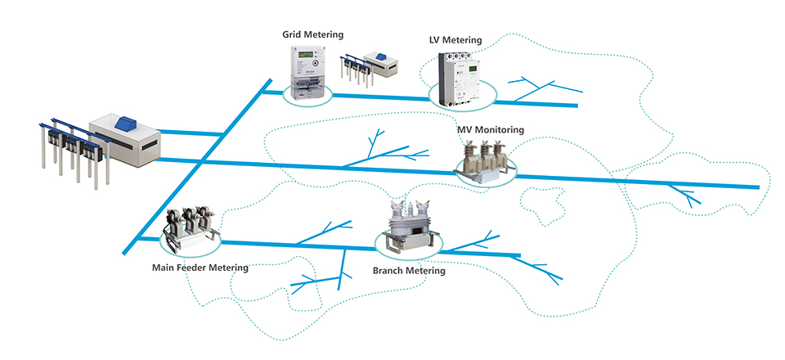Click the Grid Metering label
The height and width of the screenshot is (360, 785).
point(312,34)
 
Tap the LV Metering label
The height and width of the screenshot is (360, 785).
point(455,40)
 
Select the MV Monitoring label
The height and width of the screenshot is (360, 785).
point(491,129)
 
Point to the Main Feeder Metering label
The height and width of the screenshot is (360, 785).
point(200,267)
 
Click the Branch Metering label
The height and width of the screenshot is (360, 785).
point(409,270)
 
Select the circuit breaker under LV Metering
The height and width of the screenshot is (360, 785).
point(457,79)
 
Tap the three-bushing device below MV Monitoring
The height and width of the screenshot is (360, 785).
point(483,160)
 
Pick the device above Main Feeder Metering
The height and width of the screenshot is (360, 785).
point(193,230)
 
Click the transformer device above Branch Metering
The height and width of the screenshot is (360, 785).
point(408,225)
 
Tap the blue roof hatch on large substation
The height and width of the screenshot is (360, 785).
point(127,122)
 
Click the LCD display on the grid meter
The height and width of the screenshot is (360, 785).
point(306,56)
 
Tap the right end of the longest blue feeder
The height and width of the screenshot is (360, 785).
point(756,187)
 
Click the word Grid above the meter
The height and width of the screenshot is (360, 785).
point(293,34)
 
